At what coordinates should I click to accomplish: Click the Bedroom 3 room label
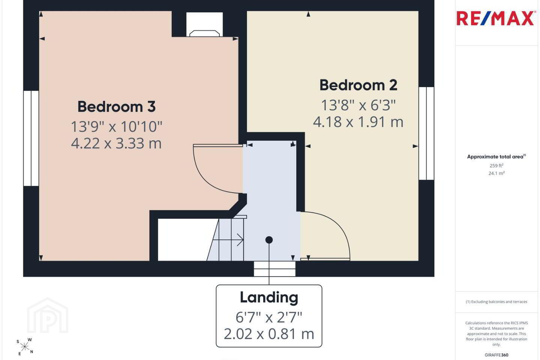pyautogui.click(x=116, y=106)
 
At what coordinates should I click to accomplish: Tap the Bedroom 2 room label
pyautogui.click(x=358, y=85)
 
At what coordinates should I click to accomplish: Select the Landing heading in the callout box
pyautogui.click(x=269, y=298)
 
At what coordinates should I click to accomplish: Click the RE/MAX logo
pyautogui.click(x=495, y=18)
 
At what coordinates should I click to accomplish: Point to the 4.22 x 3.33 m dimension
pyautogui.click(x=116, y=144)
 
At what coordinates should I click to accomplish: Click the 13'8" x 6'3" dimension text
pyautogui.click(x=358, y=105)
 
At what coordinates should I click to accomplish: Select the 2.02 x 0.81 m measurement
pyautogui.click(x=269, y=334)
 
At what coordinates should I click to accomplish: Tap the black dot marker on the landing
pyautogui.click(x=269, y=240)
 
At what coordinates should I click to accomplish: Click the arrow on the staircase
pyautogui.click(x=228, y=240)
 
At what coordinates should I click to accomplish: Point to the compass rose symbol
pyautogui.click(x=25, y=347)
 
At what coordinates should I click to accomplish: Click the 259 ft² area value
pyautogui.click(x=496, y=166)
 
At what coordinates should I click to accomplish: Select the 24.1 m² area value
pyautogui.click(x=496, y=173)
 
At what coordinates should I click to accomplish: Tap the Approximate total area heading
pyautogui.click(x=496, y=157)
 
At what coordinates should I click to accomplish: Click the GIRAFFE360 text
pyautogui.click(x=496, y=355)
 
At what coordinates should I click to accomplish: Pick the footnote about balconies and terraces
pyautogui.click(x=496, y=301)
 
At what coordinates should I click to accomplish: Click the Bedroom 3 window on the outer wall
pyautogui.click(x=31, y=138)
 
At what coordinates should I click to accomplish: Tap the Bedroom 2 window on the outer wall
pyautogui.click(x=426, y=133)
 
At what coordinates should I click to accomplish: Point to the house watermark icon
pyautogui.click(x=48, y=315)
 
